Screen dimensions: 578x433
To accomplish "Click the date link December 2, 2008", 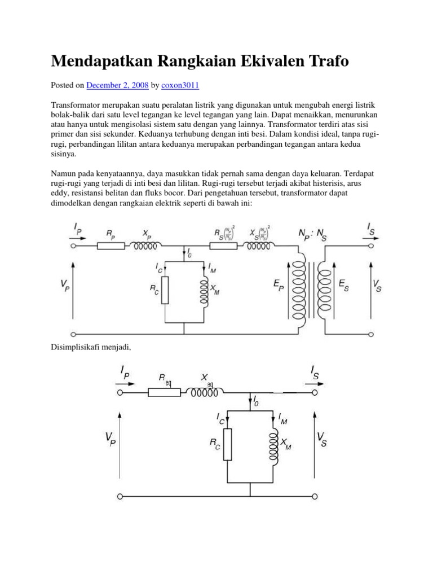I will pyautogui.click(x=117, y=85).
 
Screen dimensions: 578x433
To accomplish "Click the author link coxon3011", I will pyautogui.click(x=180, y=85).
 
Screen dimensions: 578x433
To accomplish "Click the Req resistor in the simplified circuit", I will pyautogui.click(x=164, y=392).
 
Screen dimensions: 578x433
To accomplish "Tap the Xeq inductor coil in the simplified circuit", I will pyautogui.click(x=206, y=391).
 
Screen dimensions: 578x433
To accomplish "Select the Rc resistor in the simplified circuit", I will pyautogui.click(x=227, y=444).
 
